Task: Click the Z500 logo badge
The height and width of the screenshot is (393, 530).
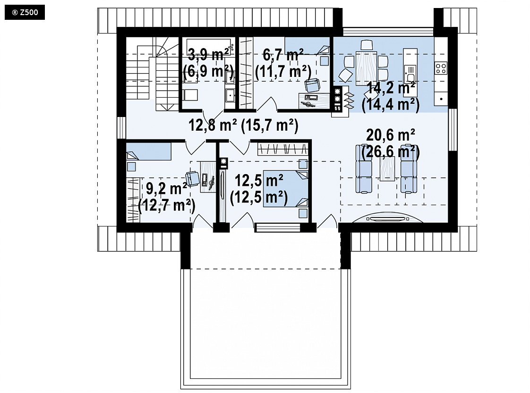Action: click(x=25, y=13)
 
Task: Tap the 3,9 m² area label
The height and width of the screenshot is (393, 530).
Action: click(x=207, y=54)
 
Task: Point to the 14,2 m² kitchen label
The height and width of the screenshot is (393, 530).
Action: click(x=391, y=88)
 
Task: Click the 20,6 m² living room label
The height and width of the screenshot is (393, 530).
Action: click(x=391, y=135)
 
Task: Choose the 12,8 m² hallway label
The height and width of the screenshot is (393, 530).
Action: click(x=212, y=125)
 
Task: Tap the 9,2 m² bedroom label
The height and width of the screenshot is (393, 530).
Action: click(x=167, y=188)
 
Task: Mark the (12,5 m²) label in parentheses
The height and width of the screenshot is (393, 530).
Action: click(x=258, y=198)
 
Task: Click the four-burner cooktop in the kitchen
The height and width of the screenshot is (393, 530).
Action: click(x=441, y=68)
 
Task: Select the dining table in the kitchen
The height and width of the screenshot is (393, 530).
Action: click(x=366, y=66)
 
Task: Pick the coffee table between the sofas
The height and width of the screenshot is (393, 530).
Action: click(x=387, y=168)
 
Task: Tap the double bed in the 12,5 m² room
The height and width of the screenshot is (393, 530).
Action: click(x=286, y=188)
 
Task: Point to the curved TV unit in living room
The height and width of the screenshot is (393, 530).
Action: click(x=387, y=217)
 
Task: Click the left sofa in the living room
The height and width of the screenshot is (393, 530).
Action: click(x=363, y=169)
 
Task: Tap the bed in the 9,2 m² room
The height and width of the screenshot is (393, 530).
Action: click(x=149, y=151)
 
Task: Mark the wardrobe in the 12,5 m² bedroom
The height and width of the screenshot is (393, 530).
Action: click(x=283, y=149)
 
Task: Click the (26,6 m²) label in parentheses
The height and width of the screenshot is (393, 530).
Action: click(x=391, y=152)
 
